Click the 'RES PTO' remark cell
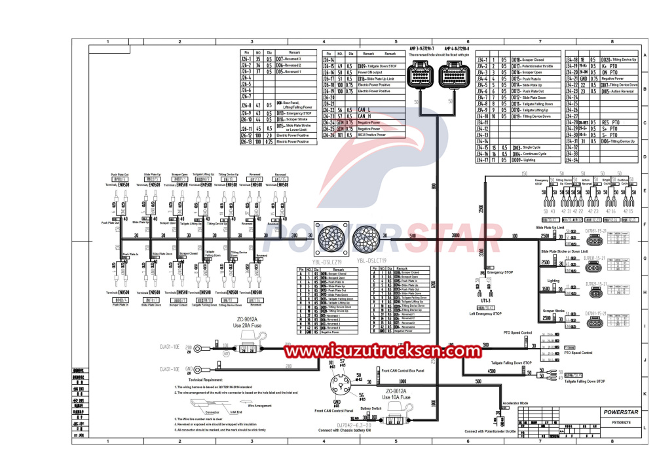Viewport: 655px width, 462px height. pyautogui.click(x=610, y=122)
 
